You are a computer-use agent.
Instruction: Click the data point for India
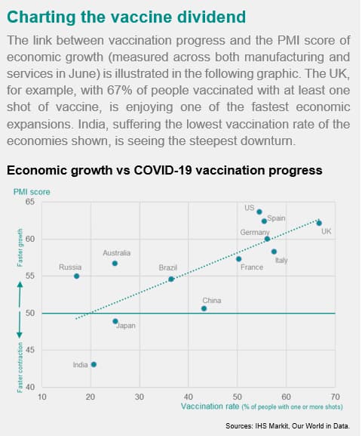pyautogui.click(x=94, y=364)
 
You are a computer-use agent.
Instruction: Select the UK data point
pyautogui.click(x=319, y=223)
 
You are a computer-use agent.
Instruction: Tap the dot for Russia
pyautogui.click(x=77, y=276)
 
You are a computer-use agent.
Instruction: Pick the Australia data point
pyautogui.click(x=115, y=263)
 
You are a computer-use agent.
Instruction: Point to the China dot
pyautogui.click(x=204, y=308)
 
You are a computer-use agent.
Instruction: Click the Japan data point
pyautogui.click(x=115, y=321)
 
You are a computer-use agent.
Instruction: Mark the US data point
pyautogui.click(x=259, y=212)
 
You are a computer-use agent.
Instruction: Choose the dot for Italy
pyautogui.click(x=274, y=252)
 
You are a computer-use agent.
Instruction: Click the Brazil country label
pyautogui.click(x=168, y=267)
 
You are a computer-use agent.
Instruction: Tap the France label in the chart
pyautogui.click(x=252, y=267)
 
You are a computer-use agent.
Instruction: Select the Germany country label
pyautogui.click(x=255, y=232)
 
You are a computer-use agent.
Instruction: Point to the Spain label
pyautogui.click(x=276, y=218)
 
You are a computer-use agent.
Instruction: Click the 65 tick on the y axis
pyautogui.click(x=30, y=202)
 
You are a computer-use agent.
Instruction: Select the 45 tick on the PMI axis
pyautogui.click(x=30, y=350)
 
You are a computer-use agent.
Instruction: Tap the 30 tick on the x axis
pyautogui.click(x=140, y=397)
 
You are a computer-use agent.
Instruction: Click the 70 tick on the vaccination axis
pyautogui.click(x=335, y=397)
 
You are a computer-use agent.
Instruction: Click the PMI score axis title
pyautogui.click(x=32, y=192)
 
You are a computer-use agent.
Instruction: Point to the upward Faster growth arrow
pyautogui.click(x=20, y=294)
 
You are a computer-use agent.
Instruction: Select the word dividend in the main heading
pyautogui.click(x=211, y=17)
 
